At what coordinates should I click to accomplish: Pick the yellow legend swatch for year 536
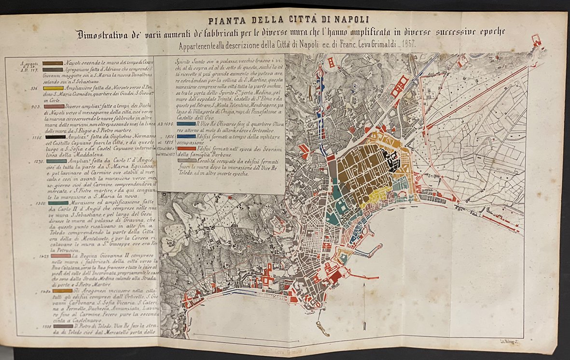coord(53,88)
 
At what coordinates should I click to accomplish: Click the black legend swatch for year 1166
coord(53,137)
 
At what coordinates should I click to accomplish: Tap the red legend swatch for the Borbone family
coord(186,149)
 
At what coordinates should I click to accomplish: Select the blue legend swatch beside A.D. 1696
coord(186,124)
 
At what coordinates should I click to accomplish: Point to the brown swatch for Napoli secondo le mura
coord(53,63)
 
